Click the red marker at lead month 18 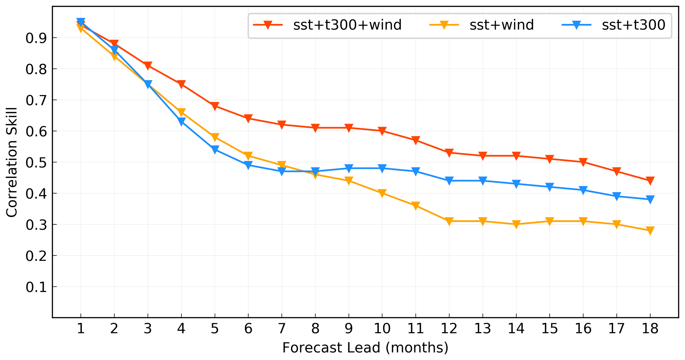pos(650,181)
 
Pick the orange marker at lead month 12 pos(449,221)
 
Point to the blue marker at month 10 pos(382,168)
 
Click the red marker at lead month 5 pos(215,106)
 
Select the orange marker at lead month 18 pos(650,231)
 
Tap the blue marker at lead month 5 pos(215,150)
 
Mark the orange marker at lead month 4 pos(181,112)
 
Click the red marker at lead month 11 pos(416,140)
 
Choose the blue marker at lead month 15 pos(550,187)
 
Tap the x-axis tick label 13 pos(483,329)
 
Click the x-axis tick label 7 pos(282,329)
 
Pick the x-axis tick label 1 pos(81,329)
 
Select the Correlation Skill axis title pos(12,162)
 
